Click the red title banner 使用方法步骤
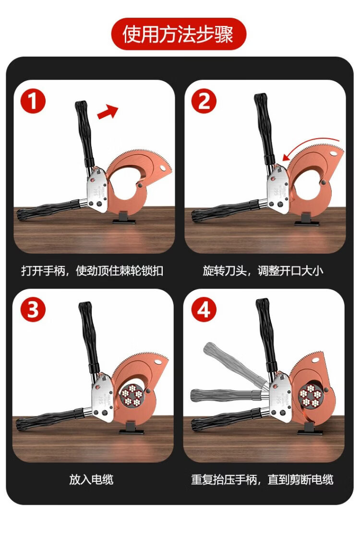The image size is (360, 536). pos(179,34)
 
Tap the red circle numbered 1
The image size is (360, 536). pos(33,101)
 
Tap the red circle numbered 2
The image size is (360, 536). pos(204,101)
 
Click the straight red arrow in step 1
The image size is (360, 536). pos(108,112)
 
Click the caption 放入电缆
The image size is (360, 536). pos(91,479)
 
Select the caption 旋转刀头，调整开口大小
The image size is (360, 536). pos(263,271)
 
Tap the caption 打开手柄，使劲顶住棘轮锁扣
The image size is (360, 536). pos(92,271)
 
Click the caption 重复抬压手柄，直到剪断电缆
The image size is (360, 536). pos(262,479)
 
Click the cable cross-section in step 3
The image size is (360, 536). pos(132,395)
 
